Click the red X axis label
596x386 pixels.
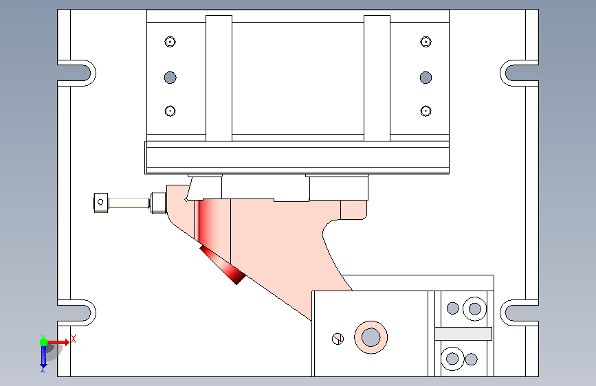[74, 339]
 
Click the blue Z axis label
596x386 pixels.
[43, 369]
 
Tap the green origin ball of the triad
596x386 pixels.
[44, 342]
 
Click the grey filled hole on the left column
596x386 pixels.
[170, 78]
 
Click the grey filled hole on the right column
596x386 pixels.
[426, 78]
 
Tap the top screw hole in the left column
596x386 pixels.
[170, 41]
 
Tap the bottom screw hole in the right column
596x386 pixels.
[426, 111]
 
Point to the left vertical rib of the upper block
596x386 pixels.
[219, 78]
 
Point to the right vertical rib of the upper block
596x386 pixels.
[377, 78]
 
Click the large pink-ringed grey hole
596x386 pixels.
[371, 337]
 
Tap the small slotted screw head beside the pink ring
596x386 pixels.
[338, 339]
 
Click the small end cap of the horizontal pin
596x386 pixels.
[101, 203]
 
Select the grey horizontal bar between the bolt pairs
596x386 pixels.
[463, 334]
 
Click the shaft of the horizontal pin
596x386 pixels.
[129, 203]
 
